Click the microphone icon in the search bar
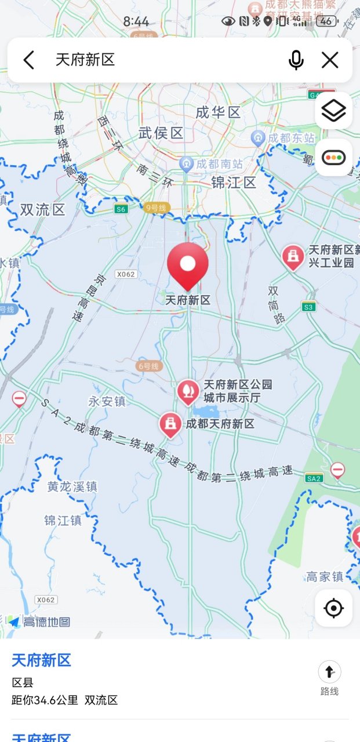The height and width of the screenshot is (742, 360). (x=296, y=60)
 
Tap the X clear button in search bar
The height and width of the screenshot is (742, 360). (x=330, y=60)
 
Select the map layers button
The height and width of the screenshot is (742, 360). (x=333, y=110)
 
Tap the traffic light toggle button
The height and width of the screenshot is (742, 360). (x=333, y=157)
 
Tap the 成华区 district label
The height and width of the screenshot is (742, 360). (x=218, y=112)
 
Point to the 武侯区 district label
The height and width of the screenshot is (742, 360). (x=161, y=133)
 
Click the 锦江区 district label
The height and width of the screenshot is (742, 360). (x=233, y=183)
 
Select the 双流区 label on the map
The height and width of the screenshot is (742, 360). (x=43, y=210)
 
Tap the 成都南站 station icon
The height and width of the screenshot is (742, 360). (x=186, y=163)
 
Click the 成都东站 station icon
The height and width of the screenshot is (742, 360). (x=259, y=138)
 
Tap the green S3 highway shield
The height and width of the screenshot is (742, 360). (x=308, y=307)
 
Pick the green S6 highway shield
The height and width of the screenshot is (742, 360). (x=120, y=209)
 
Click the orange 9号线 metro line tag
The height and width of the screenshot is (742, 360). (x=156, y=208)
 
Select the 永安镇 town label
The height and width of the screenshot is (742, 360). (x=107, y=401)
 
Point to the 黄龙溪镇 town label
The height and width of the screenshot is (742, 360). (x=72, y=487)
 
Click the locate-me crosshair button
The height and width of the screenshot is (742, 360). (x=333, y=608)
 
